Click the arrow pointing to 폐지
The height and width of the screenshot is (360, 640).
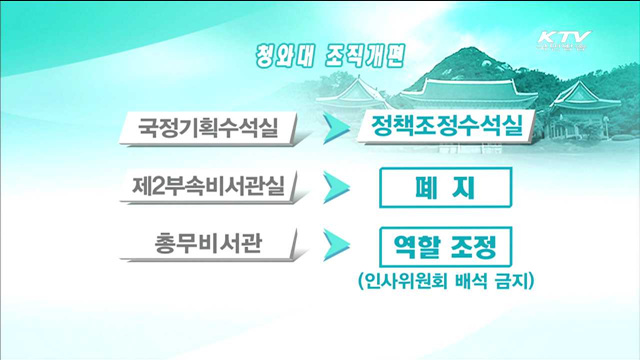[x=336, y=187]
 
